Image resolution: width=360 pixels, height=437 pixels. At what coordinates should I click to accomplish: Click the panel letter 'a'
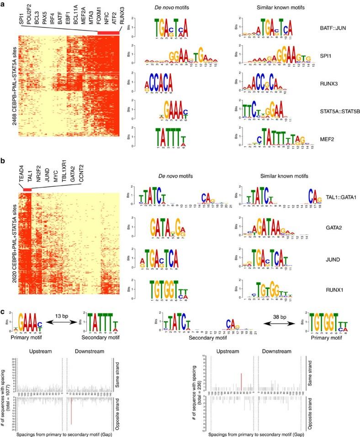[x=3, y=4]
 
